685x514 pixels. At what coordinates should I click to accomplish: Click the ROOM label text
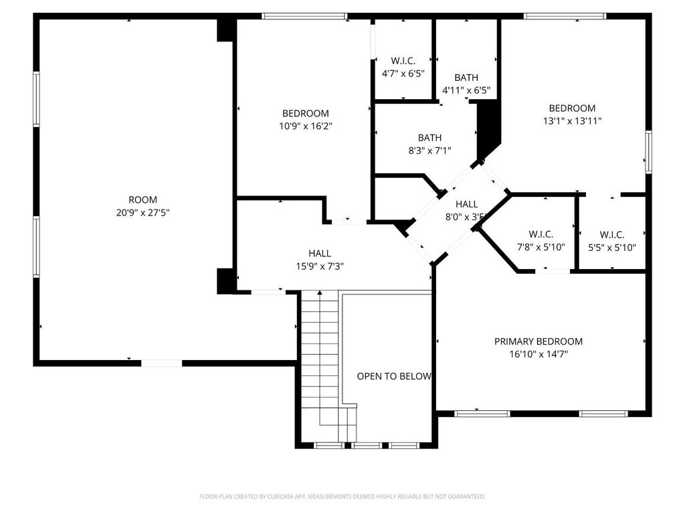coord(142,199)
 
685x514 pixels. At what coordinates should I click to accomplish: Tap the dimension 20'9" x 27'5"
coord(142,213)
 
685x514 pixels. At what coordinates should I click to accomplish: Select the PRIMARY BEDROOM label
coord(538,341)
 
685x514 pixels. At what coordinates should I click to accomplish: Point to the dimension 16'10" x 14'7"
coord(538,355)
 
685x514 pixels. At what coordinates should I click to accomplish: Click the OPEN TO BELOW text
coord(393,376)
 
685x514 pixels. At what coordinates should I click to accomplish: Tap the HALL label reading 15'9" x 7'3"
coord(320,253)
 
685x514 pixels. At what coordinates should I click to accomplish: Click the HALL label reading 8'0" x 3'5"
coord(466,204)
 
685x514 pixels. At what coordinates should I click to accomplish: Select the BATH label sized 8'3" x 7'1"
coord(429,138)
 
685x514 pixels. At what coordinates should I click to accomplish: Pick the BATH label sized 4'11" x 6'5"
coord(466,78)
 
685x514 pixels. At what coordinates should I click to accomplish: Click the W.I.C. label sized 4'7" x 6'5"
coord(403,61)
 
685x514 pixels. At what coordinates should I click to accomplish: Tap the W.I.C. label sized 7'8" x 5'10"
coord(541,234)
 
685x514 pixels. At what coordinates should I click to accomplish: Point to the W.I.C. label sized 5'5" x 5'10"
coord(611,235)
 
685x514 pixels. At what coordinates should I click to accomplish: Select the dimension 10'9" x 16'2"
coord(305,126)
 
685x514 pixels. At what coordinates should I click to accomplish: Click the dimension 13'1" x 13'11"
coord(572,121)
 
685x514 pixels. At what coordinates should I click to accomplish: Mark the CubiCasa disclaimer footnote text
coord(342,497)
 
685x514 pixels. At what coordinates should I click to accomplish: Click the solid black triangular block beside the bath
coord(488,127)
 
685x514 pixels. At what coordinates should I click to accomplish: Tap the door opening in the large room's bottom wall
coord(161,363)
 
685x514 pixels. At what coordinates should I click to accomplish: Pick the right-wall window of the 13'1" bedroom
coord(648,152)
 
